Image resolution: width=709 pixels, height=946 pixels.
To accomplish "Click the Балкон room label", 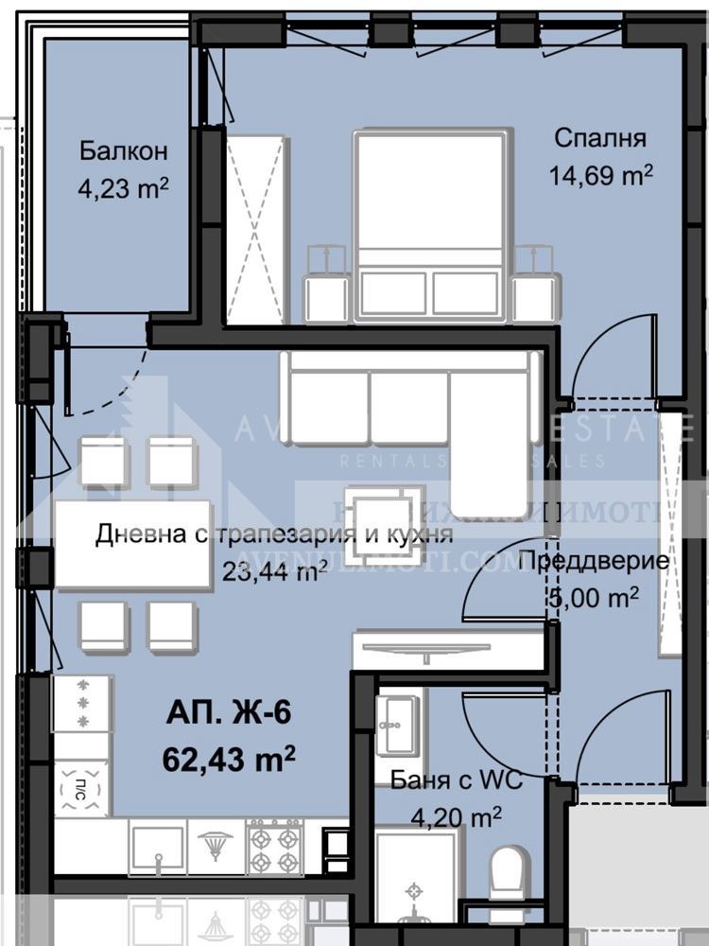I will point(124,151).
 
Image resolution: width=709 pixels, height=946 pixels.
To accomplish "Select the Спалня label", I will point(599,139).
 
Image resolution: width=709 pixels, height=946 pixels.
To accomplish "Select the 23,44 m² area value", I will point(274,569).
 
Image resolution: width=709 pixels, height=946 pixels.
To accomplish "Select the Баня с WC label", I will point(456,780).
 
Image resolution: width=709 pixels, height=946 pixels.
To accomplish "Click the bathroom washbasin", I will point(397,726).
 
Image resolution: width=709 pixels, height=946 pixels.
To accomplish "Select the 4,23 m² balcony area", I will point(123,187).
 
